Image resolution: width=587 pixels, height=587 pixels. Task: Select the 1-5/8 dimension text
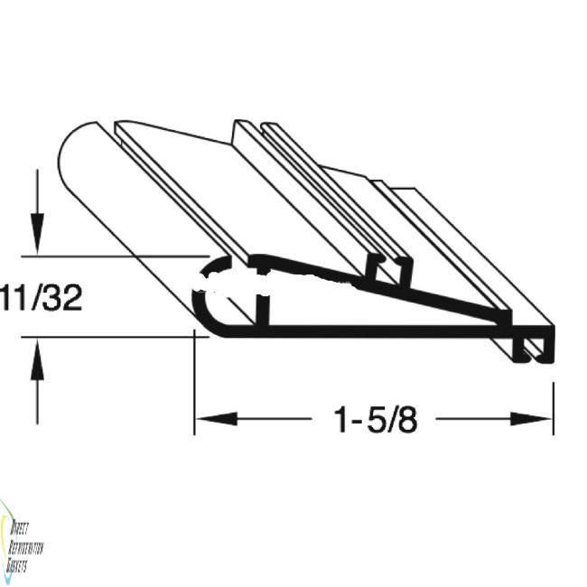pos(376,419)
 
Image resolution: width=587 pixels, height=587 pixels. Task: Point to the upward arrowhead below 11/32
pos(35,354)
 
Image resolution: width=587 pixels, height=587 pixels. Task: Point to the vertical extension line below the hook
pos(553,397)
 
